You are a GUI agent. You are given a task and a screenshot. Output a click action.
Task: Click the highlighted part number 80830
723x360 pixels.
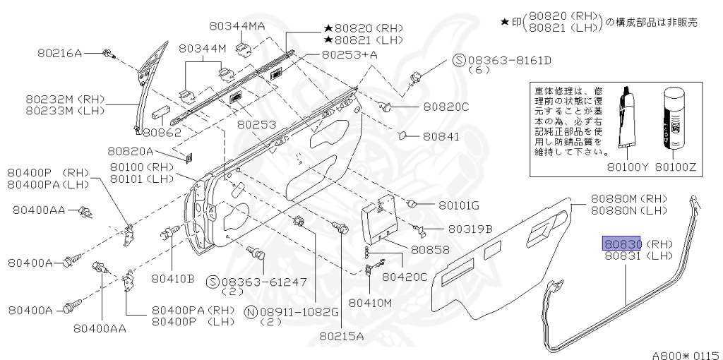tap(621, 244)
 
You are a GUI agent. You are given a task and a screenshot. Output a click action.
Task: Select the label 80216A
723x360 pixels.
tap(59, 53)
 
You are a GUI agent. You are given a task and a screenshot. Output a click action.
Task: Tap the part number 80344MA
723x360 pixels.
tap(237, 26)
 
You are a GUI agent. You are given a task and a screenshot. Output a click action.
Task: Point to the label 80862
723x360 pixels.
tap(162, 132)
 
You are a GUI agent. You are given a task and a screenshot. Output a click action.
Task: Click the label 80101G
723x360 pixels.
tap(459, 205)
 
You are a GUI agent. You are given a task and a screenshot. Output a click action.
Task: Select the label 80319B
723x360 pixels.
tap(468, 229)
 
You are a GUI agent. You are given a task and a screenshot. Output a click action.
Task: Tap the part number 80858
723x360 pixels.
tap(429, 250)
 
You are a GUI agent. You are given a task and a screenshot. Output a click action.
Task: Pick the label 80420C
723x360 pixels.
tap(405, 276)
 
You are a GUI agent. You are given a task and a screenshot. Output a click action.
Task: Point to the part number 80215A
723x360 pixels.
tap(340, 335)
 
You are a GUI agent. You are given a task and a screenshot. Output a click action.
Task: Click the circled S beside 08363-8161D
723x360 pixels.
tap(458, 61)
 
